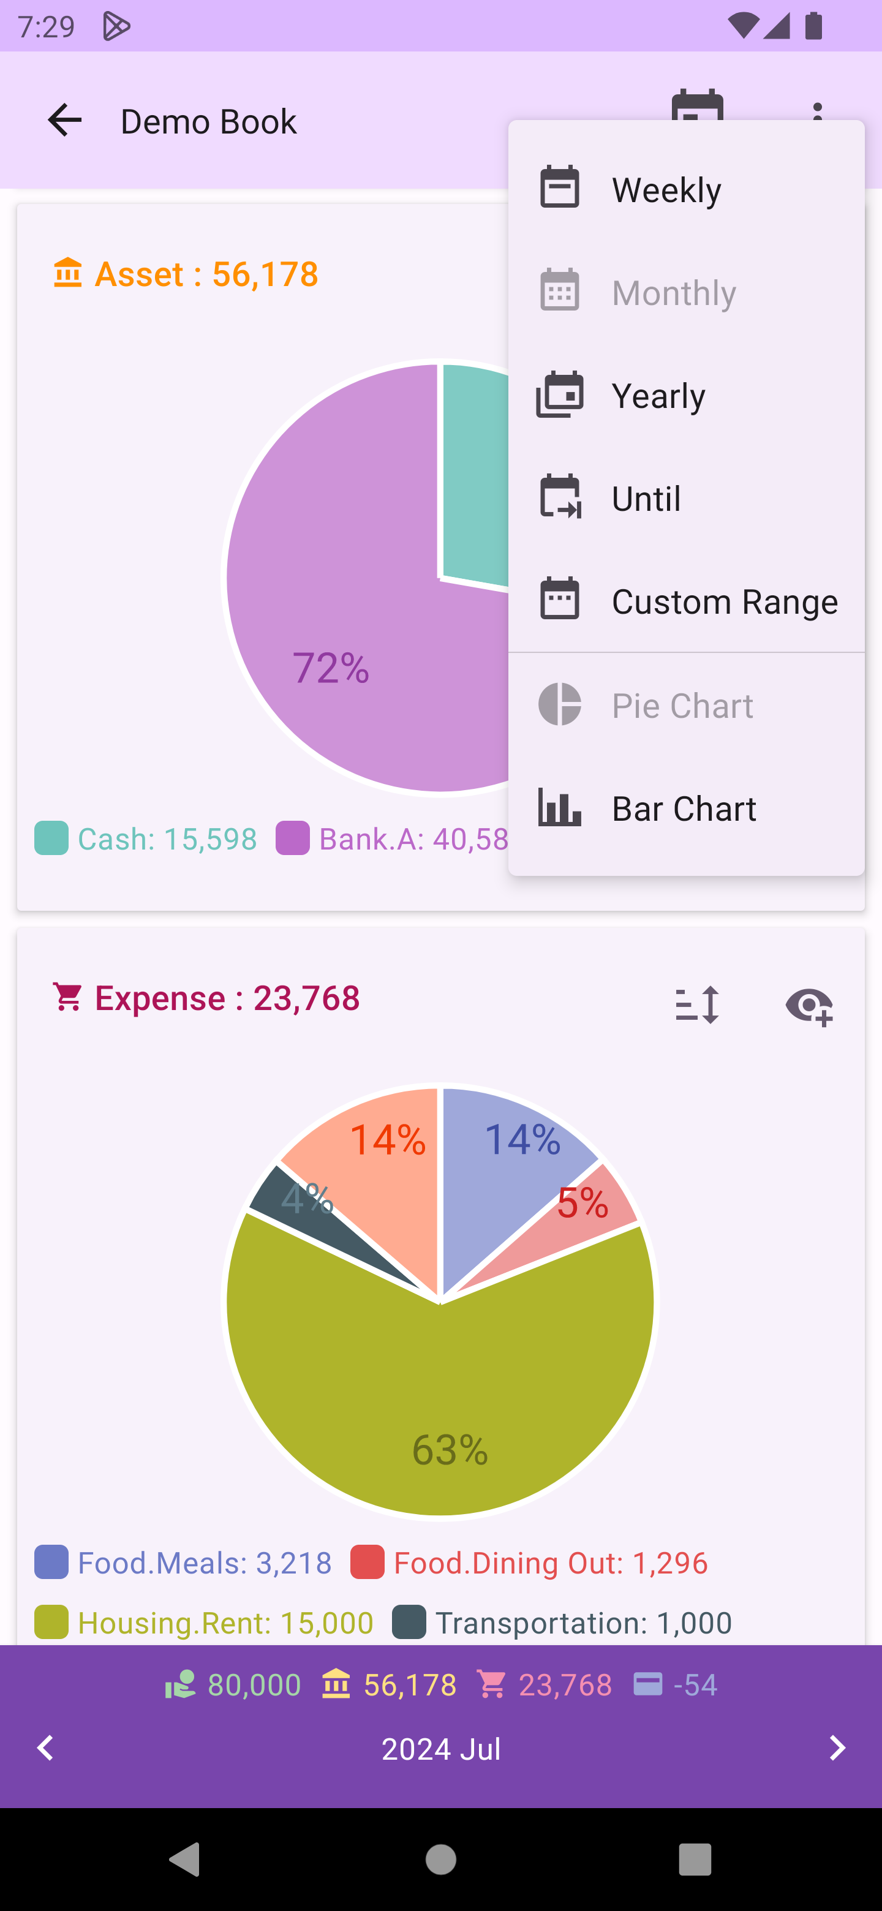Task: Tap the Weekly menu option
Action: coord(685,189)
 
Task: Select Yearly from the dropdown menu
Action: coord(685,396)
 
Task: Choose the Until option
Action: coord(685,498)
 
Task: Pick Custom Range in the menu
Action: coord(685,601)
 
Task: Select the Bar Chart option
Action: coord(685,808)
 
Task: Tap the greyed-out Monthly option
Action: coord(685,292)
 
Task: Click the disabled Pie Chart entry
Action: coord(685,705)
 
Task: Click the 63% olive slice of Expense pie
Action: coord(445,1409)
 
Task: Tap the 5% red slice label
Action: coord(583,1202)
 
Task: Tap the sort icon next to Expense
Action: coord(696,1005)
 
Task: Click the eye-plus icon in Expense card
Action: coord(809,1006)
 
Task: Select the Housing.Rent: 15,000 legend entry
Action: coord(204,1623)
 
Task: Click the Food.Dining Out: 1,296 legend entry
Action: coord(530,1562)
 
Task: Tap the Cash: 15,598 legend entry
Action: coord(146,839)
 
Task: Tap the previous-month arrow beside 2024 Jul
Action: coord(45,1748)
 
